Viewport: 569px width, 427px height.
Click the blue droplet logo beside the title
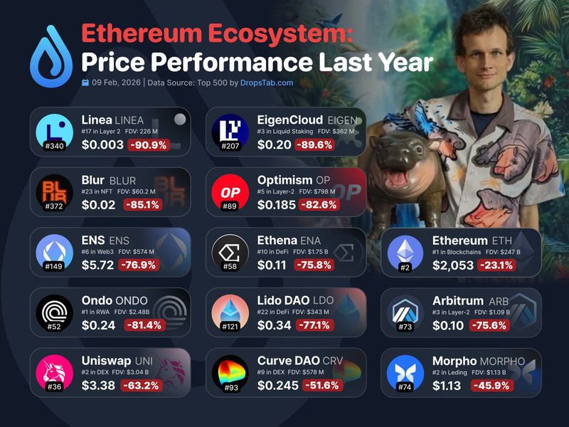tap(51, 56)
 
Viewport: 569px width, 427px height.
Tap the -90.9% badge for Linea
tap(148, 144)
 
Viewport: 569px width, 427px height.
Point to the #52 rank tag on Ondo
tap(54, 327)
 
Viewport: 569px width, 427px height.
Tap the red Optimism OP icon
tap(230, 192)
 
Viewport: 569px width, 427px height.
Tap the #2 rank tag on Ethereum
tap(405, 267)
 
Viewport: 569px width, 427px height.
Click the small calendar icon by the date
tap(85, 83)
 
